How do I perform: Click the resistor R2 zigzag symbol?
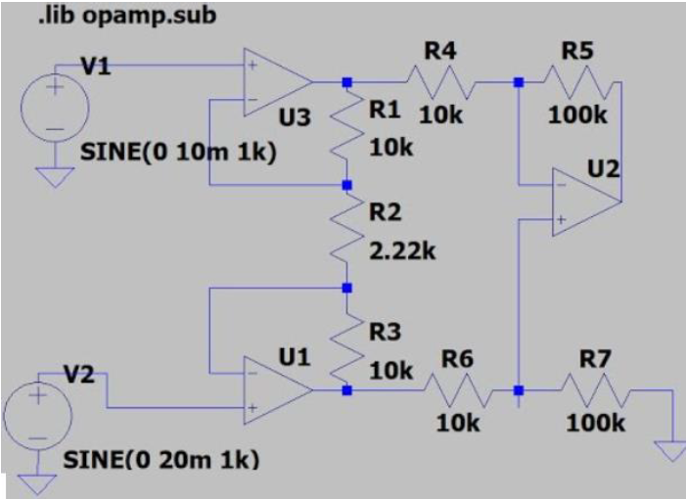[x=345, y=236]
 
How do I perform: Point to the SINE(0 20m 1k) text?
[x=160, y=459]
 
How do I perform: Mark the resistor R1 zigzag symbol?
[x=345, y=132]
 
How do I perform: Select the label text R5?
[x=577, y=50]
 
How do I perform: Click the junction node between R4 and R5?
[x=519, y=83]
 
